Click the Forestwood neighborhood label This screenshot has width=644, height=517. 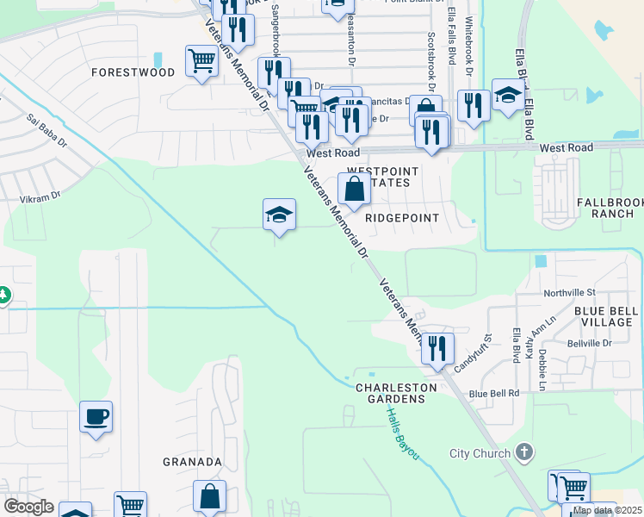pyautogui.click(x=133, y=73)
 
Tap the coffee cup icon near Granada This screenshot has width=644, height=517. pyautogui.click(x=96, y=417)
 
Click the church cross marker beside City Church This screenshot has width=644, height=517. pyautogui.click(x=524, y=452)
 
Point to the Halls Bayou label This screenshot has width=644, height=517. pyautogui.click(x=399, y=433)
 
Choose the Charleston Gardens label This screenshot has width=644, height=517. pyautogui.click(x=390, y=393)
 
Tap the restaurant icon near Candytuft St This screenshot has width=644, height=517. pyautogui.click(x=437, y=349)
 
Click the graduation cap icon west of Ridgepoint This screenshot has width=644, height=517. pyautogui.click(x=279, y=215)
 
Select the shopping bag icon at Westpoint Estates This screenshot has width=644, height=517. pyautogui.click(x=354, y=190)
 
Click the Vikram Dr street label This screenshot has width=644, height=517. pyautogui.click(x=40, y=197)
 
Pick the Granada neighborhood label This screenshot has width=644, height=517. pyautogui.click(x=193, y=462)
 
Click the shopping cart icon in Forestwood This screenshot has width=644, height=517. pyautogui.click(x=201, y=61)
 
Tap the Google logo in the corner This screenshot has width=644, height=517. pyautogui.click(x=29, y=507)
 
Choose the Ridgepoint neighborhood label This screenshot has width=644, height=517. pyautogui.click(x=402, y=218)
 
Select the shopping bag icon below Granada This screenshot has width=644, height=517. pyautogui.click(x=209, y=496)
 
